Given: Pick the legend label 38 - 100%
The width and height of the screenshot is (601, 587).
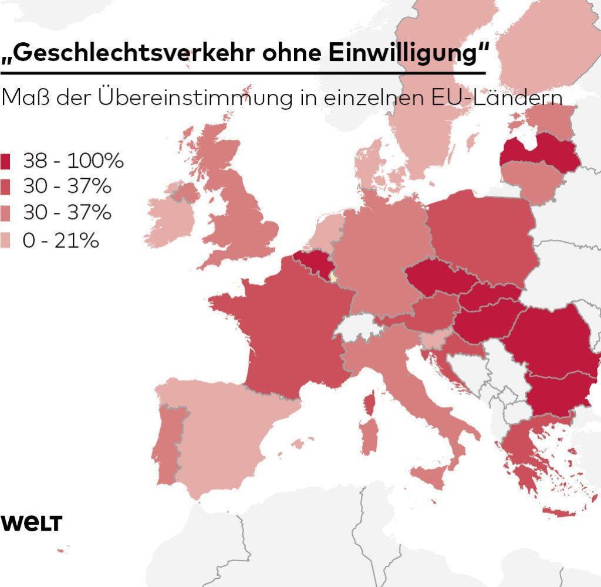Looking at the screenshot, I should [x=73, y=161].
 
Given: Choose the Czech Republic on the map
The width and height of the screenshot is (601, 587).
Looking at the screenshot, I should [x=434, y=279].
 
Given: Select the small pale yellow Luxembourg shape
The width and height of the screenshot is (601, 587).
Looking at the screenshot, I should [x=333, y=276].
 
